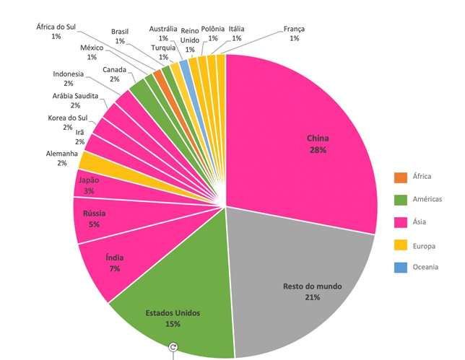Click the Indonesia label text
tap(69, 74)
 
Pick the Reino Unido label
tap(190, 36)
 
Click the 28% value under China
tap(318, 150)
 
